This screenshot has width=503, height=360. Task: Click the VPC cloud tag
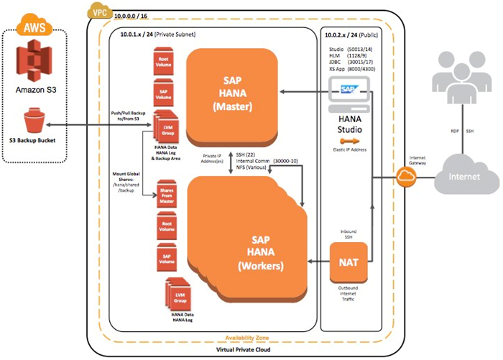[x=96, y=11]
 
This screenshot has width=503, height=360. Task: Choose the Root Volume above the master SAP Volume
[x=164, y=63]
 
